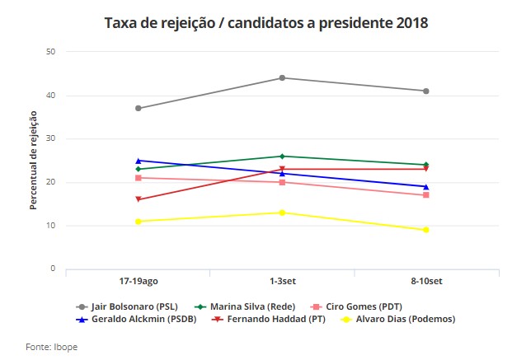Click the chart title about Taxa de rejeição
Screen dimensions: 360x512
pos(266,22)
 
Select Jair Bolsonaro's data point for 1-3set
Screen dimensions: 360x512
pos(282,78)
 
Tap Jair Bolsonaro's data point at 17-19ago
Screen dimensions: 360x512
pos(139,108)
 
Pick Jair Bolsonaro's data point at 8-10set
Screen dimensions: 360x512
pos(426,91)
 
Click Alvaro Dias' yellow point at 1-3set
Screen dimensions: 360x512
pos(282,213)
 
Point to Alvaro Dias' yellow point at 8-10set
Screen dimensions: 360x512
pos(426,230)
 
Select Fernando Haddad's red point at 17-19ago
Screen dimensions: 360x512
pos(139,199)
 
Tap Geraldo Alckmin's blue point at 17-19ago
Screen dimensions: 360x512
pos(139,161)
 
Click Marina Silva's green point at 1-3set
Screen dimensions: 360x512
pos(282,156)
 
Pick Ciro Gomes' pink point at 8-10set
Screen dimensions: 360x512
pos(426,195)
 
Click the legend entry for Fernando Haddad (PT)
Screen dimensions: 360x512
pos(264,319)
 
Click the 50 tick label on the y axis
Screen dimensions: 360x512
pos(50,52)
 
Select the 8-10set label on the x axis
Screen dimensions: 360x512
pos(426,282)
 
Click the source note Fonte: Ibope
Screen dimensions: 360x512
pos(50,346)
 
